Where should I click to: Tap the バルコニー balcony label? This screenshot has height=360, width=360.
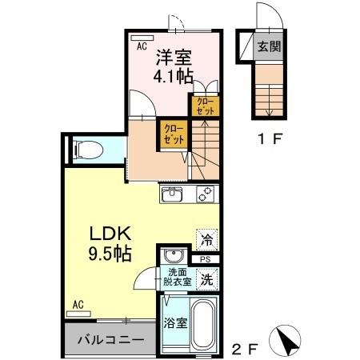click(110, 340)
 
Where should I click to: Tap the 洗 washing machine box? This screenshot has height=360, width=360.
click(206, 280)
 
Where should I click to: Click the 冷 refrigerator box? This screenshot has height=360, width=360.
click(206, 238)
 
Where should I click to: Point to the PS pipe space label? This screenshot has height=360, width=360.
click(206, 259)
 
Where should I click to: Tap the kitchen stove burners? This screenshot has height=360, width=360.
click(206, 195)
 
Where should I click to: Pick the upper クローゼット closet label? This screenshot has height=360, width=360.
click(206, 106)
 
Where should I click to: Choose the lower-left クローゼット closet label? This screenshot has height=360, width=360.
click(173, 134)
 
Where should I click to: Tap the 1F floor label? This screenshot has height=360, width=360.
click(266, 138)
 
